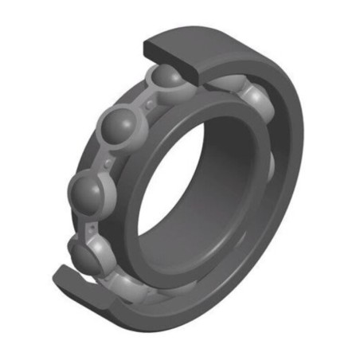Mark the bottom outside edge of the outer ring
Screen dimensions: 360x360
(x=199, y=323)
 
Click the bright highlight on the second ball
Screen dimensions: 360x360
(x=112, y=123)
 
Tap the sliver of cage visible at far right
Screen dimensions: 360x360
(x=271, y=163)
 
